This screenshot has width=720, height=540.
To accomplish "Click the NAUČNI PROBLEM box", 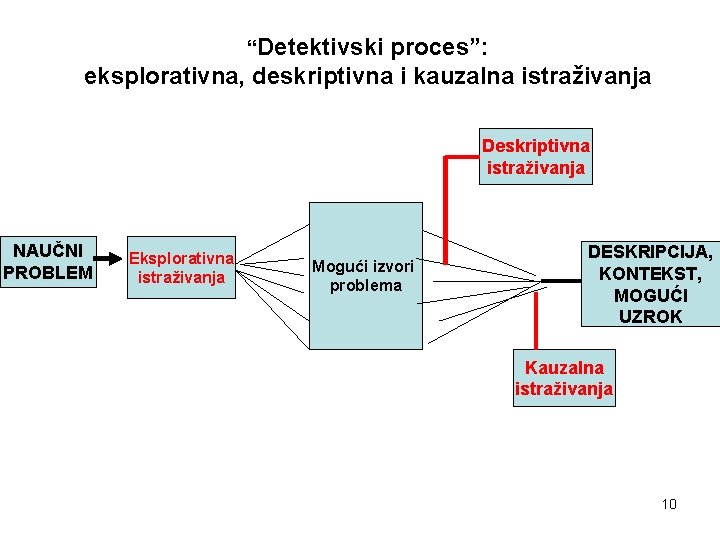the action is (x=48, y=262).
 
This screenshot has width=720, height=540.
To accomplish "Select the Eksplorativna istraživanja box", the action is (x=181, y=267).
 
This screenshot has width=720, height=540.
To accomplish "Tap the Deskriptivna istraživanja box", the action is (x=536, y=155).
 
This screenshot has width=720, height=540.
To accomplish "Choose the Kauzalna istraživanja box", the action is (x=564, y=378).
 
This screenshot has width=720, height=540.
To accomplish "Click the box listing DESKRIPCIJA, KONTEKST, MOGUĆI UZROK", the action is (x=650, y=283).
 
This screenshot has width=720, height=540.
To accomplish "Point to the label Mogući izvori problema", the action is (x=363, y=275).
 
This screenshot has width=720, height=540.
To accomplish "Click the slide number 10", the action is (x=669, y=503).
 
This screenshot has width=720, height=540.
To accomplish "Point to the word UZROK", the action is (x=650, y=316).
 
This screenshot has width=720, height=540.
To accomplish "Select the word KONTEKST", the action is (x=650, y=273).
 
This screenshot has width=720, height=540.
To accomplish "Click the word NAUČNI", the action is (x=48, y=250).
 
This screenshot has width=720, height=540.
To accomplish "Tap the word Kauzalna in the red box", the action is (x=564, y=367).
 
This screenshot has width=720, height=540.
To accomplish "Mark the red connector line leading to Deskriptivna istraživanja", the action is (x=446, y=200).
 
